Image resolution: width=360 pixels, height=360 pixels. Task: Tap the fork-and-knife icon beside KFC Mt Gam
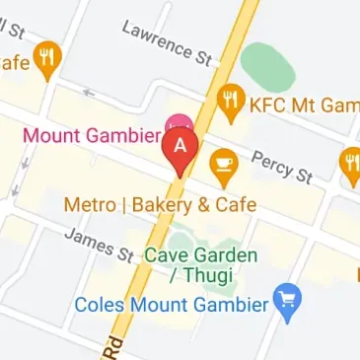click(x=233, y=100)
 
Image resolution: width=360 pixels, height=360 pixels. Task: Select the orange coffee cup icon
click(x=224, y=165)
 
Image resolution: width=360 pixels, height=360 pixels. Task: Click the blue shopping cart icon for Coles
click(x=288, y=303)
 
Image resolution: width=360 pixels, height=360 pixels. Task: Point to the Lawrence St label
click(x=168, y=41)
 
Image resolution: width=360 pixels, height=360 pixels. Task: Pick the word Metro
click(x=86, y=205)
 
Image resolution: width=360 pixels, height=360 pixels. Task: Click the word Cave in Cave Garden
click(x=165, y=255)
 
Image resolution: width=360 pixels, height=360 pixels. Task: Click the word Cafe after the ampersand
click(x=237, y=205)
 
